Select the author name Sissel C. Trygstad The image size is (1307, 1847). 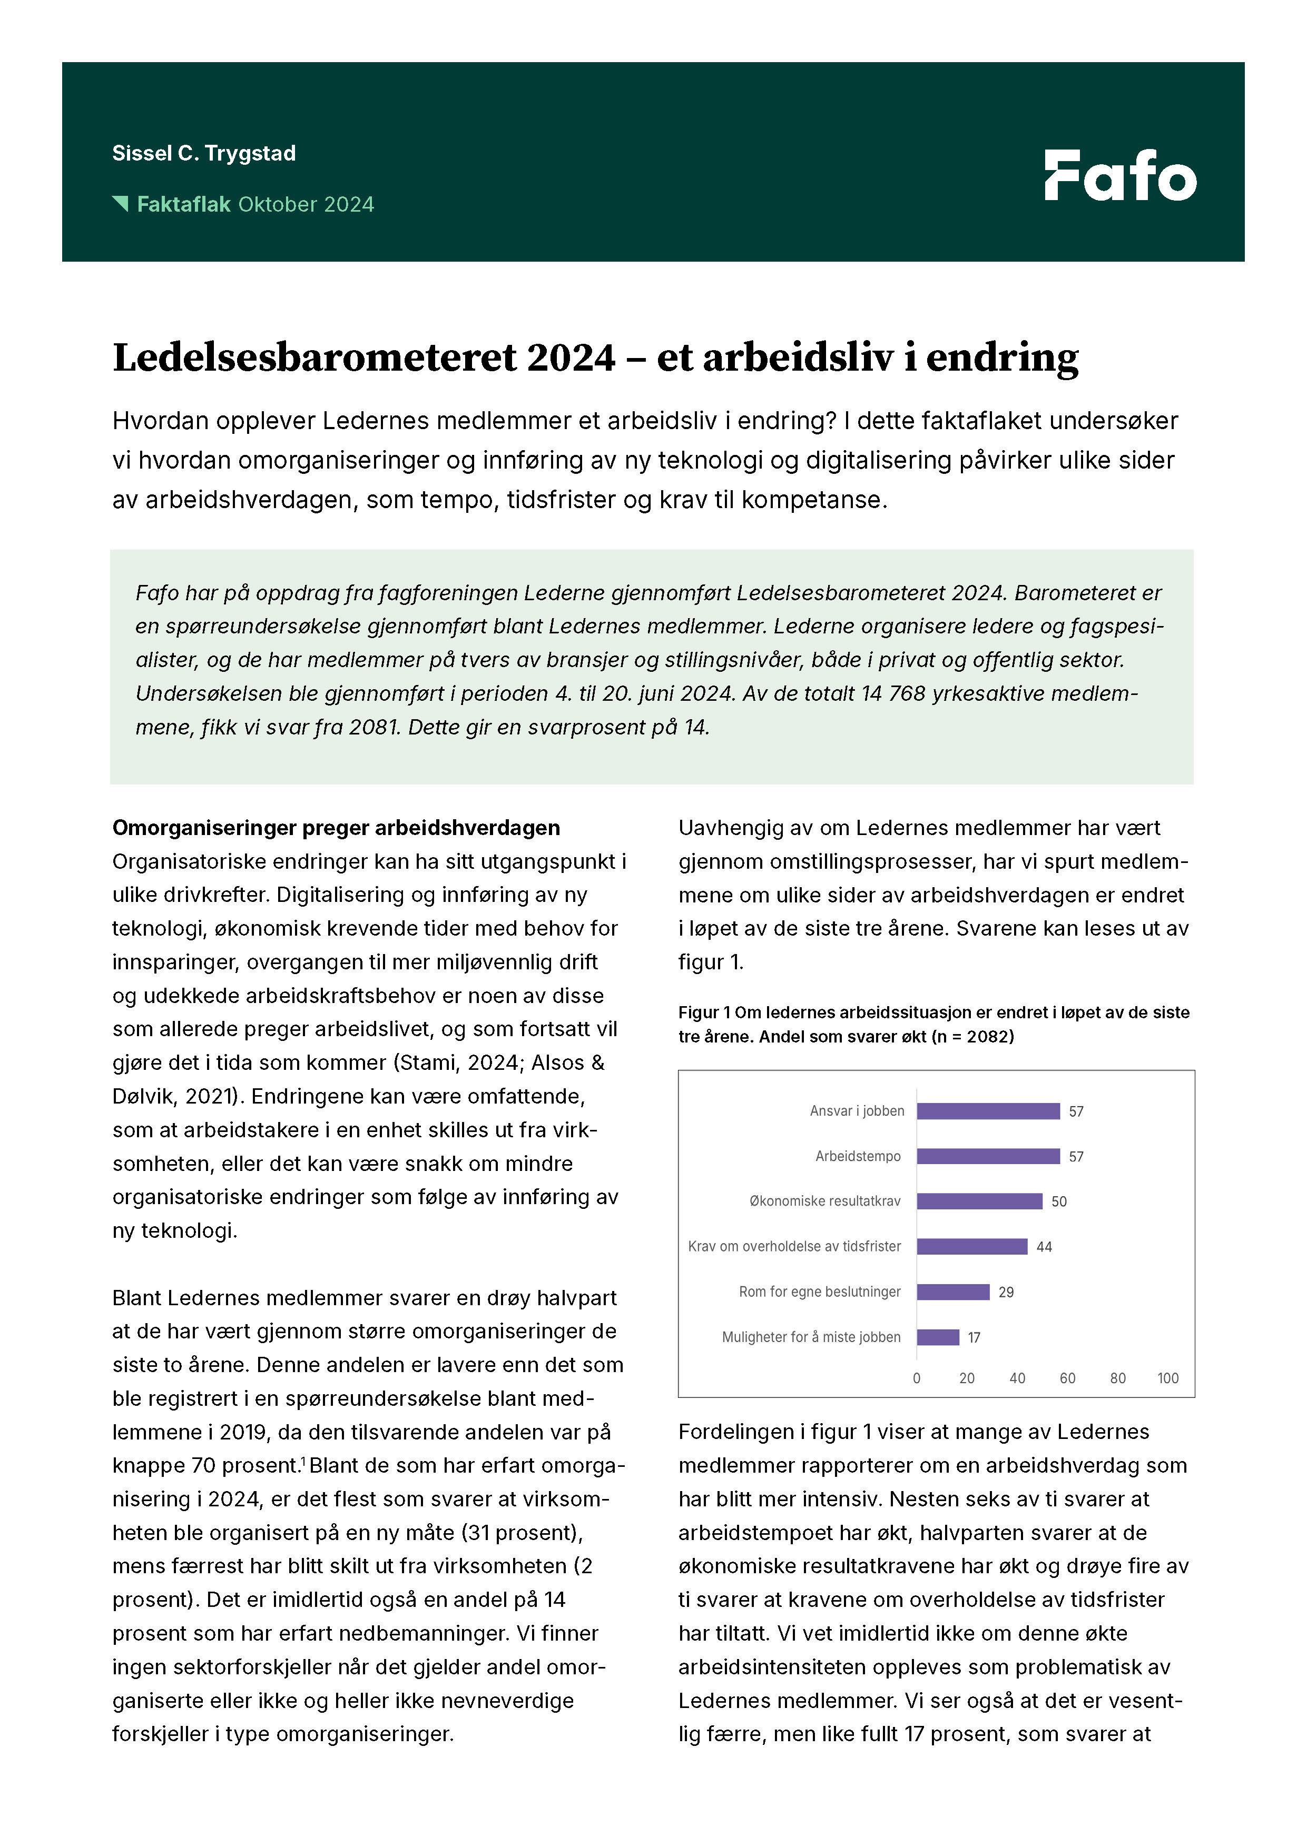[204, 153]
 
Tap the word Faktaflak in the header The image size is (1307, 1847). [183, 204]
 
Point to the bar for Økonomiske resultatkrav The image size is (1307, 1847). [979, 1201]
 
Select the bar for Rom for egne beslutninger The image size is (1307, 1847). [953, 1292]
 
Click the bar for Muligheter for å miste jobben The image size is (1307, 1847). [938, 1337]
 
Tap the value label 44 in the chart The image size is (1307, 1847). [1044, 1247]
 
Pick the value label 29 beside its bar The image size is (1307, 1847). [1006, 1292]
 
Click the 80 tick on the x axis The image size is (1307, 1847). [1118, 1378]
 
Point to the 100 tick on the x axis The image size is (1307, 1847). [1168, 1378]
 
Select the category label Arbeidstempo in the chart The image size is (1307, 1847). [858, 1156]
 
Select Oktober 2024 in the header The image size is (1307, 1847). [306, 204]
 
